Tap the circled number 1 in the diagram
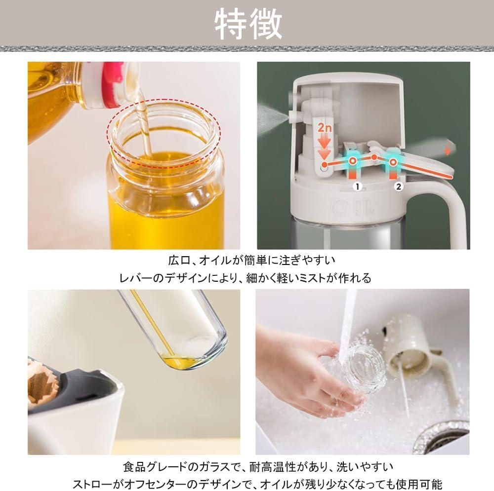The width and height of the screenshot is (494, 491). tap(357, 187)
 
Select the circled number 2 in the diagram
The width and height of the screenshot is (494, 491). tap(399, 187)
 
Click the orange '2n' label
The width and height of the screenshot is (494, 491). tap(324, 128)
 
